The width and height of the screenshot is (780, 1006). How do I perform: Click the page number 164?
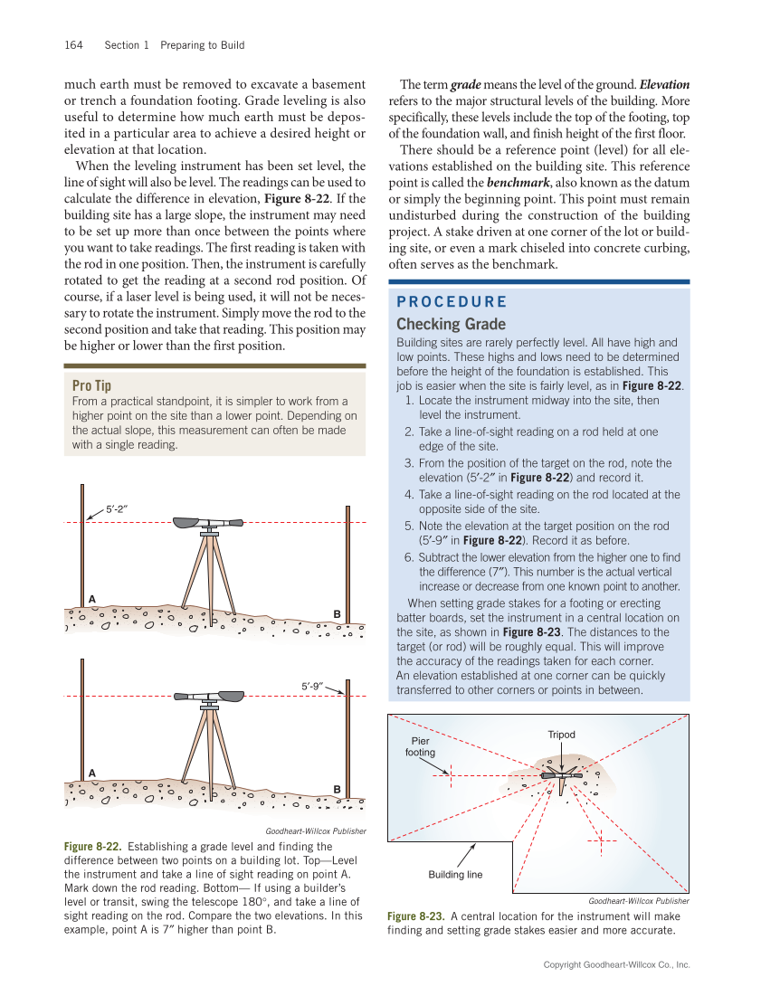coord(73,45)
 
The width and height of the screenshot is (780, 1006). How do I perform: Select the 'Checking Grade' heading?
coord(451,325)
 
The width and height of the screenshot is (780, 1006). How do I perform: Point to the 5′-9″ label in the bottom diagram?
coord(313,685)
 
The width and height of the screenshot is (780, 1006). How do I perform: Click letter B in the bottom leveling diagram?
coord(337,789)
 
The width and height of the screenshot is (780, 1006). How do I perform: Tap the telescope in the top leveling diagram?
coord(208,522)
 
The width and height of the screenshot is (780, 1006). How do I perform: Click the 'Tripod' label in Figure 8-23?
coord(561,735)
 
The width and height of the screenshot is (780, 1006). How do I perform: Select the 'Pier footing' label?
coord(421,746)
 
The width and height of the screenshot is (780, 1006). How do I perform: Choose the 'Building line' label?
coord(455,875)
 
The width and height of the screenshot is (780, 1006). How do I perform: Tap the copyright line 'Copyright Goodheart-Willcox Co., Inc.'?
coord(616,965)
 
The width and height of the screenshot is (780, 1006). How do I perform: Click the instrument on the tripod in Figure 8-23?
coord(561,776)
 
